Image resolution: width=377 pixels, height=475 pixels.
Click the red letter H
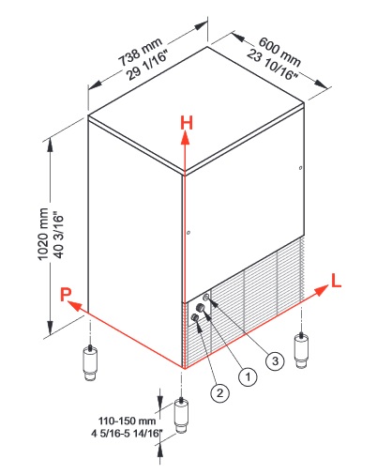click(187, 123)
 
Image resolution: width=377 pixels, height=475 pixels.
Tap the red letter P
click(66, 295)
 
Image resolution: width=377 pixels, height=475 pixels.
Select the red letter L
click(336, 281)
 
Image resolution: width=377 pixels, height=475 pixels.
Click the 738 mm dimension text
click(140, 52)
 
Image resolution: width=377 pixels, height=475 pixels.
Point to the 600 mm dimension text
click(279, 52)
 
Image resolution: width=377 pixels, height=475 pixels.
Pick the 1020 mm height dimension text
click(43, 234)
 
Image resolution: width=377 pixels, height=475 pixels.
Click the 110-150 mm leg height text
click(127, 421)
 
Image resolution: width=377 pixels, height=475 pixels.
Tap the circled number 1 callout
click(248, 376)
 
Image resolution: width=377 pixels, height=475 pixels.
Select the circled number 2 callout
click(220, 392)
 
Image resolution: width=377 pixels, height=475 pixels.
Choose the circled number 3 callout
click(275, 360)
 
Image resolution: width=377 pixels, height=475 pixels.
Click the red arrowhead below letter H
click(186, 138)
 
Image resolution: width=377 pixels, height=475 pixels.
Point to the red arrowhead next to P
click(74, 305)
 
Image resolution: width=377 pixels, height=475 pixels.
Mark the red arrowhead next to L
click(322, 290)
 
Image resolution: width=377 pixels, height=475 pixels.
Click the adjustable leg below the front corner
click(181, 415)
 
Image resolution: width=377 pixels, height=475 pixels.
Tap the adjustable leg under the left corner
click(89, 362)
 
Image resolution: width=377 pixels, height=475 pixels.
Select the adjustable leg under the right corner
click(301, 351)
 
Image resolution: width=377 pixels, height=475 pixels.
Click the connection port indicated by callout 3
click(206, 297)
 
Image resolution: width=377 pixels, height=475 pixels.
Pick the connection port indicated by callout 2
click(195, 318)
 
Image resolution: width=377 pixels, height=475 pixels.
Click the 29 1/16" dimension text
click(148, 65)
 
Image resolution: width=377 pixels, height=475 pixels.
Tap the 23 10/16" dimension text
click(271, 65)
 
